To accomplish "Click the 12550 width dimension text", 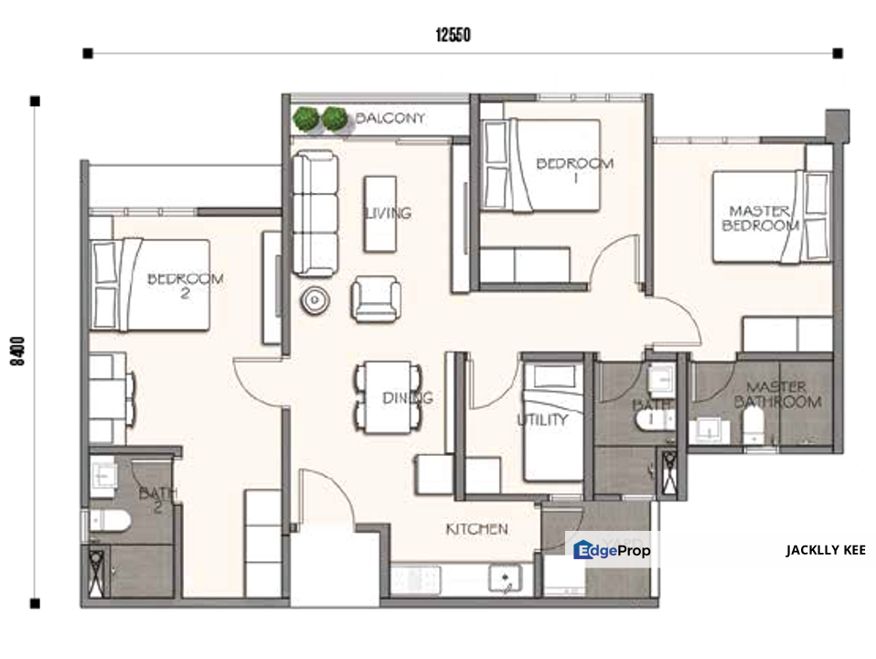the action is (453, 36).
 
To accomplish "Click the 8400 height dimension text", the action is (18, 351).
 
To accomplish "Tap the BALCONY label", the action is (390, 118).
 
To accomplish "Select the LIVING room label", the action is (388, 213).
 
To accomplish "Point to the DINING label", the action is (407, 398).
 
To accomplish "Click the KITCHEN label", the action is (477, 529).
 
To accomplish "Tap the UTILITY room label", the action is (542, 419).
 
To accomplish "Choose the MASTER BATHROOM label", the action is (777, 394).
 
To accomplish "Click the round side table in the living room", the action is (315, 300).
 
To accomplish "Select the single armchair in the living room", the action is (376, 298).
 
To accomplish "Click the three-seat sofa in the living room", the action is (315, 213).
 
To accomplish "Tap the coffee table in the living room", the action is (379, 214).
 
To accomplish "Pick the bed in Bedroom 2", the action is (150, 285).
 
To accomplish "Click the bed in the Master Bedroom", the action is (772, 217).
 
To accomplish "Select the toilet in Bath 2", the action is (109, 521).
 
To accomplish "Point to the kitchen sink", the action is (505, 578).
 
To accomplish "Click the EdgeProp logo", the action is (612, 550).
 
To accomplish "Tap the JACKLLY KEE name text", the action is (826, 550).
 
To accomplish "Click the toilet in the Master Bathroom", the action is (753, 425).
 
